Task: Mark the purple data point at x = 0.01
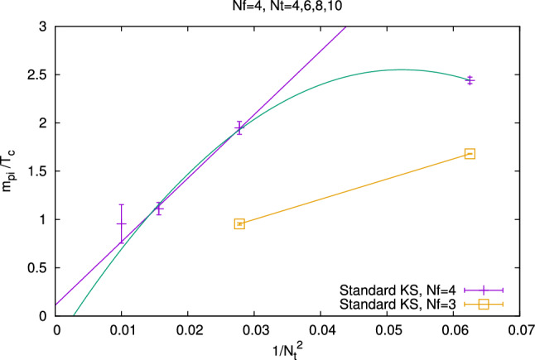click(x=122, y=223)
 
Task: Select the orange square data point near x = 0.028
click(x=239, y=223)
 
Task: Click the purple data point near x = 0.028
click(x=239, y=127)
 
